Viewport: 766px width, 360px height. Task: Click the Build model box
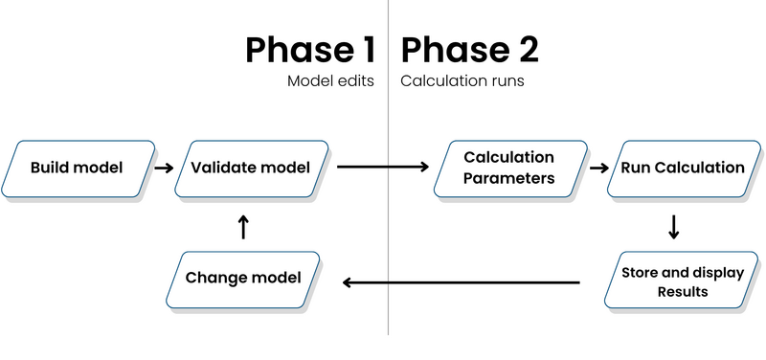[77, 169]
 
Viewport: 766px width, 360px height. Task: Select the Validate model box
[251, 169]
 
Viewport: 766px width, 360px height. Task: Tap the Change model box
[243, 278]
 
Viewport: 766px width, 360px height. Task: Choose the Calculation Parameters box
[508, 169]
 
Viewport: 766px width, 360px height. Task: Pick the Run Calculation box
[682, 169]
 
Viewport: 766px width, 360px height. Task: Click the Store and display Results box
[682, 281]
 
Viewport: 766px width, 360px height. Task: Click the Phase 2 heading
[469, 50]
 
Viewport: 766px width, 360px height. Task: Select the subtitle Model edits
[331, 82]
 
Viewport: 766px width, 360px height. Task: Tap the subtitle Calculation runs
[462, 82]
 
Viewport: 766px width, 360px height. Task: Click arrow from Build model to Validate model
[164, 169]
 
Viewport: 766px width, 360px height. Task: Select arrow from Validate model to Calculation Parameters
[383, 169]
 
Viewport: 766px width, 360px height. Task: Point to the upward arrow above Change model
[242, 227]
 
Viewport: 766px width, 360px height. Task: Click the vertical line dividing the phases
[388, 239]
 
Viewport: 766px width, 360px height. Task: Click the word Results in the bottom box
[682, 291]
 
